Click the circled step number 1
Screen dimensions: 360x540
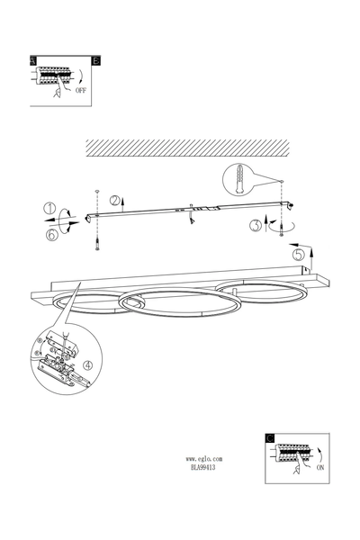click(49, 209)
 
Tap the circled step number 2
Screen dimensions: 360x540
click(115, 201)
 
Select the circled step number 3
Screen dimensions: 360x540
click(256, 226)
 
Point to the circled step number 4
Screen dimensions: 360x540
click(88, 365)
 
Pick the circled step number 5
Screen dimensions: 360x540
click(299, 255)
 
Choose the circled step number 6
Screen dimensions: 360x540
click(51, 235)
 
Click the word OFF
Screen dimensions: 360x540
click(81, 91)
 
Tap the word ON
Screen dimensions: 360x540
click(320, 467)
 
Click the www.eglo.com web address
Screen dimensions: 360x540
click(204, 459)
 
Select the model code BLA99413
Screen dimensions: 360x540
click(202, 467)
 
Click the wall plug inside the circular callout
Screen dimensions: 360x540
click(238, 179)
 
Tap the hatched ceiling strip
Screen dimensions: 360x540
click(187, 148)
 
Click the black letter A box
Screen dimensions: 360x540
click(33, 60)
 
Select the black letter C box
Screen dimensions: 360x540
click(270, 438)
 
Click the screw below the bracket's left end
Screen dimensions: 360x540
click(97, 244)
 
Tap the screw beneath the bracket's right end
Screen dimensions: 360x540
click(282, 229)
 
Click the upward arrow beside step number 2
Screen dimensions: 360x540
click(123, 204)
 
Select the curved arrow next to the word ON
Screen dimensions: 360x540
click(320, 455)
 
